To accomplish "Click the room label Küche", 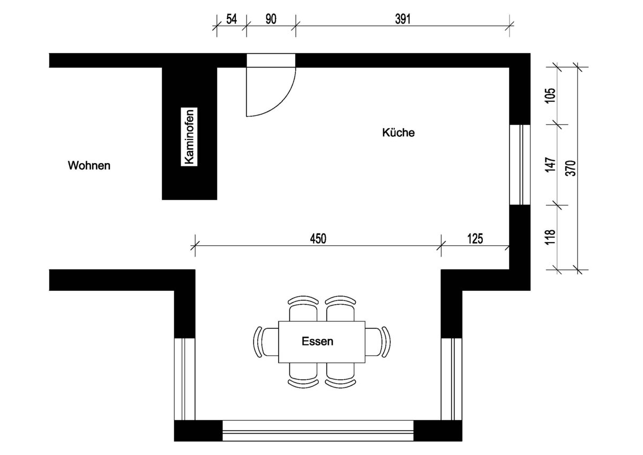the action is [399, 133].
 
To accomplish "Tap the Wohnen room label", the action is [89, 166].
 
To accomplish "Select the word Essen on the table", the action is [317, 341].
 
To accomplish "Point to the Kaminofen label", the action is [189, 137].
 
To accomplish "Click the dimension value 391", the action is [403, 19].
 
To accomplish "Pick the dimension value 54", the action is [231, 19].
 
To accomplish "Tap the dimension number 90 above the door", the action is [271, 19].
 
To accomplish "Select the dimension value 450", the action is [318, 239].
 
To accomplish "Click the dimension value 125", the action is [475, 239].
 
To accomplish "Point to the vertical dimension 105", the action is [550, 96].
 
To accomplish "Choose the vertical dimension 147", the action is [550, 165].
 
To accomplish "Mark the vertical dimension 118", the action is [550, 237].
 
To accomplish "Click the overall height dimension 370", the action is [571, 168].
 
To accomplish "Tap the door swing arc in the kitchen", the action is [282, 104].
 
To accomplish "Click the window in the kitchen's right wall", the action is [520, 165].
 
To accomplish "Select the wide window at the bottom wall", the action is [318, 430].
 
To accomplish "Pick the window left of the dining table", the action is [184, 379].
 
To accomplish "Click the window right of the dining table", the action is [452, 379].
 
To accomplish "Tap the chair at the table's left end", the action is [266, 342].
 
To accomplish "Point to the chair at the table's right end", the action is [378, 342].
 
